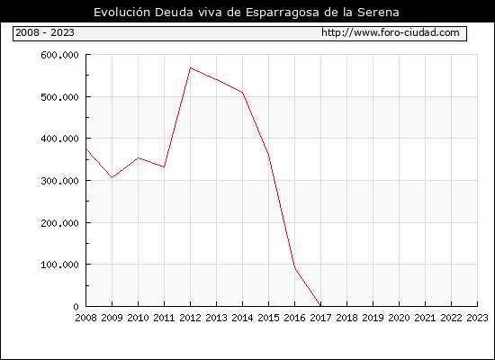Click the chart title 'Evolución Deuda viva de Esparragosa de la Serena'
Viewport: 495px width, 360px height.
point(247,13)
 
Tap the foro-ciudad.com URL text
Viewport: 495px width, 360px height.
point(391,32)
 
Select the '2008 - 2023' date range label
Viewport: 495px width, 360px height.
point(45,32)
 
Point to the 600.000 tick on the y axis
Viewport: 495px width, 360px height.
point(59,55)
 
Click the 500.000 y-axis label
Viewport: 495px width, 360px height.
point(59,97)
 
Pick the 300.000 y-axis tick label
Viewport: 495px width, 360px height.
point(59,181)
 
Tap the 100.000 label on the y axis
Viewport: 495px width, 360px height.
point(59,265)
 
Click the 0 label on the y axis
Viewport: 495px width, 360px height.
point(76,307)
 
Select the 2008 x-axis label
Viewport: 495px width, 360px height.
point(85,318)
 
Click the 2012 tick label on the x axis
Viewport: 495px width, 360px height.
point(191,318)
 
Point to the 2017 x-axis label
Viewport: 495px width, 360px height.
point(320,318)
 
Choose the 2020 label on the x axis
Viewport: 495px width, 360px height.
point(399,318)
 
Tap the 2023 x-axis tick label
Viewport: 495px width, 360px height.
point(477,318)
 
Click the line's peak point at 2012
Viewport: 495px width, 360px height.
point(191,67)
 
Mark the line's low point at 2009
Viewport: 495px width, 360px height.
point(112,178)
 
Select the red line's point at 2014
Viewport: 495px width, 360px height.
point(242,93)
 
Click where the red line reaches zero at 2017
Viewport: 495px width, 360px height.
point(320,306)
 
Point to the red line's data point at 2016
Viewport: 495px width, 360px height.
point(294,268)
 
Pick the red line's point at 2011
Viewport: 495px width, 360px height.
point(164,167)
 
